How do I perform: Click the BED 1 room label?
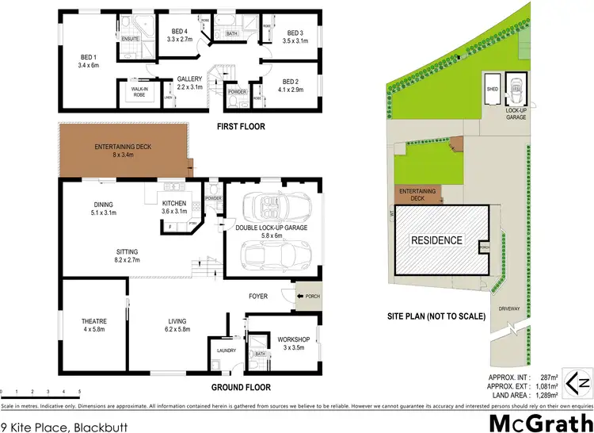coord(87,61)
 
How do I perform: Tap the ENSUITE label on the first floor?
coord(130,38)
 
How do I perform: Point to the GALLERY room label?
coord(189,82)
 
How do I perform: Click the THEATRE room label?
coord(89,324)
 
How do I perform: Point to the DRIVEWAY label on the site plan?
coord(508,308)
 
